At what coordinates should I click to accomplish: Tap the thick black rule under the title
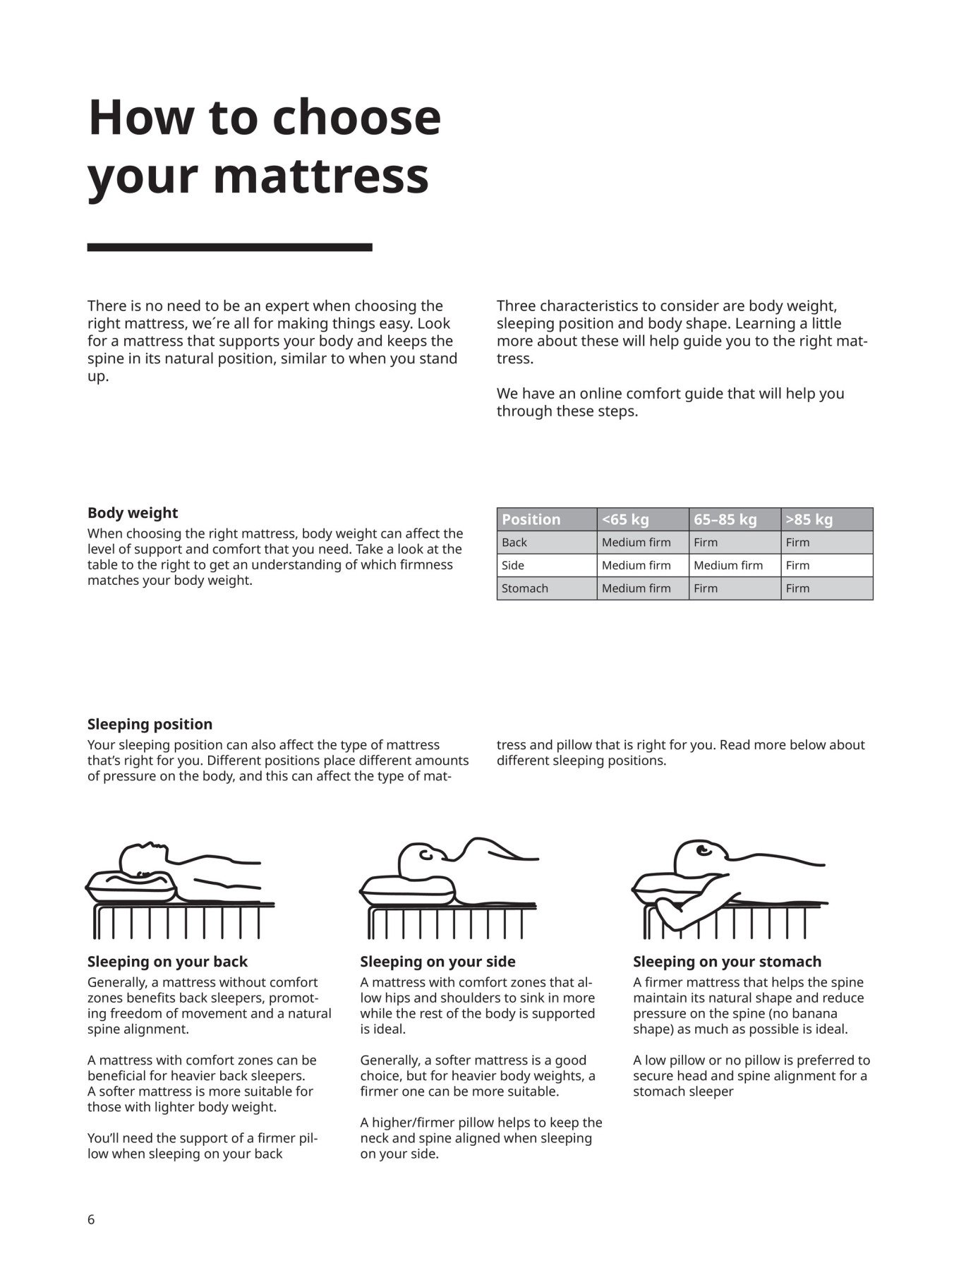229,248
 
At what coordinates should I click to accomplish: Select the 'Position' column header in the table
531,520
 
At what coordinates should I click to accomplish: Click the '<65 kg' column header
625,520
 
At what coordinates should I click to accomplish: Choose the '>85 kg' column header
809,520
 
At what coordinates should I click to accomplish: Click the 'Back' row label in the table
514,543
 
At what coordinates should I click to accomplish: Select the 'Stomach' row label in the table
524,588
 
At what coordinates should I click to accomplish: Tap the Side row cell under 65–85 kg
727,565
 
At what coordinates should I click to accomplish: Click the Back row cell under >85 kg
797,543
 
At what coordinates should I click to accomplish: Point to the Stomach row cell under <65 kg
636,588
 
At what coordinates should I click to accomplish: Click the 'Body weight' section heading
133,513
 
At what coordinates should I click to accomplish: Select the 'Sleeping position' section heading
150,725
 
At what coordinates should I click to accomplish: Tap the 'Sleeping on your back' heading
167,962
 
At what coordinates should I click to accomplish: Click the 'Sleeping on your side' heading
437,962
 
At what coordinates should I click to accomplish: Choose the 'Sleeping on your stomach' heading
727,962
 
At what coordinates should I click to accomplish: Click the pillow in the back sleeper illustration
131,888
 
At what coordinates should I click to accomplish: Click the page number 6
91,1219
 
